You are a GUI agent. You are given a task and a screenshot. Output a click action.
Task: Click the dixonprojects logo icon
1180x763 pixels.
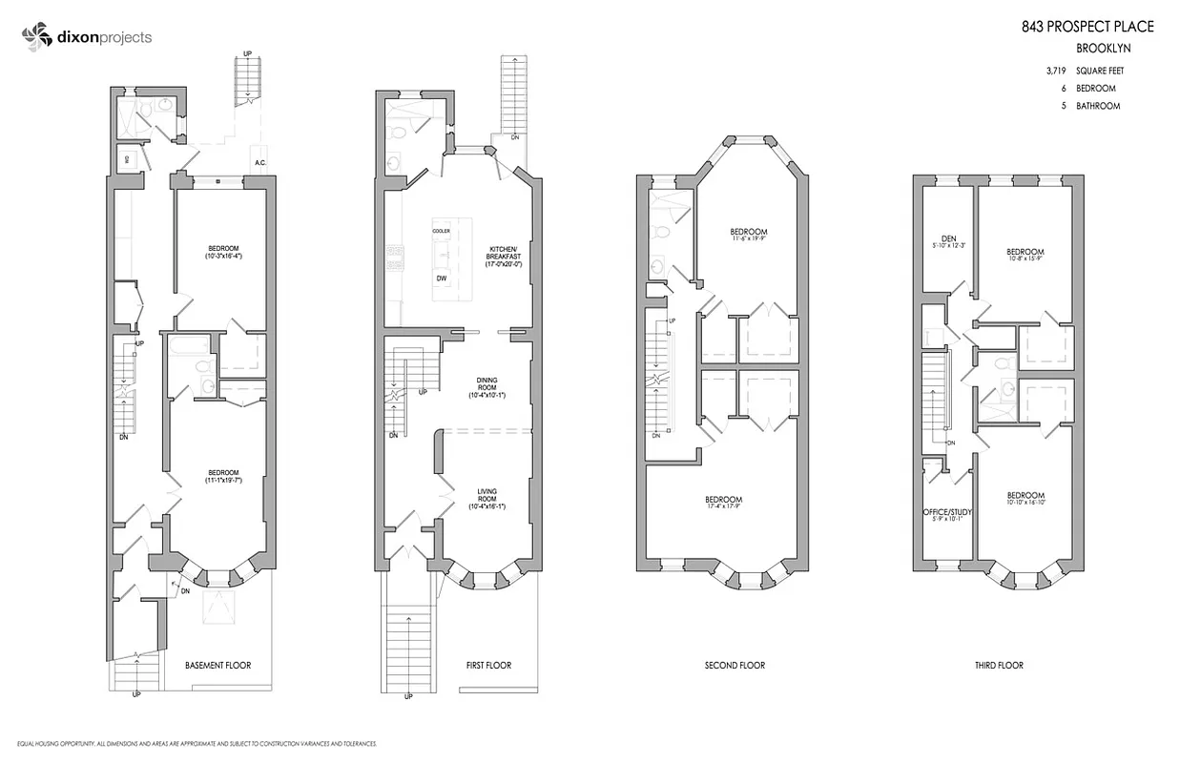35,37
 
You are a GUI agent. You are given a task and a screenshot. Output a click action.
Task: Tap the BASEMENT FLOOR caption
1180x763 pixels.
217,665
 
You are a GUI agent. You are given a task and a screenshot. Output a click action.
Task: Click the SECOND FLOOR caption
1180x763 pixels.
735,665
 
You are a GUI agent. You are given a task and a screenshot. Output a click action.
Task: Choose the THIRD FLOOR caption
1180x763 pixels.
999,665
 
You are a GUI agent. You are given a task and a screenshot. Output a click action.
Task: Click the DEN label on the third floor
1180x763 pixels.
947,239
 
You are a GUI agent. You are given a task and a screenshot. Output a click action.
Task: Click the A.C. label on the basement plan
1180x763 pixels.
259,163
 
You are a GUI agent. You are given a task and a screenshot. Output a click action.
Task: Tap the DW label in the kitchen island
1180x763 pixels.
441,278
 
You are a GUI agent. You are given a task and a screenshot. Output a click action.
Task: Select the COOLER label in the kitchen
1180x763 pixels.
441,231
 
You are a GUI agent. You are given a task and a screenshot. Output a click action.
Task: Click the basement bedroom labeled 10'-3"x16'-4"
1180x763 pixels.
224,252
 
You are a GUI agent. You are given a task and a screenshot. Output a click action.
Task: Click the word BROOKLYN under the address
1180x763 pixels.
1100,49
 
